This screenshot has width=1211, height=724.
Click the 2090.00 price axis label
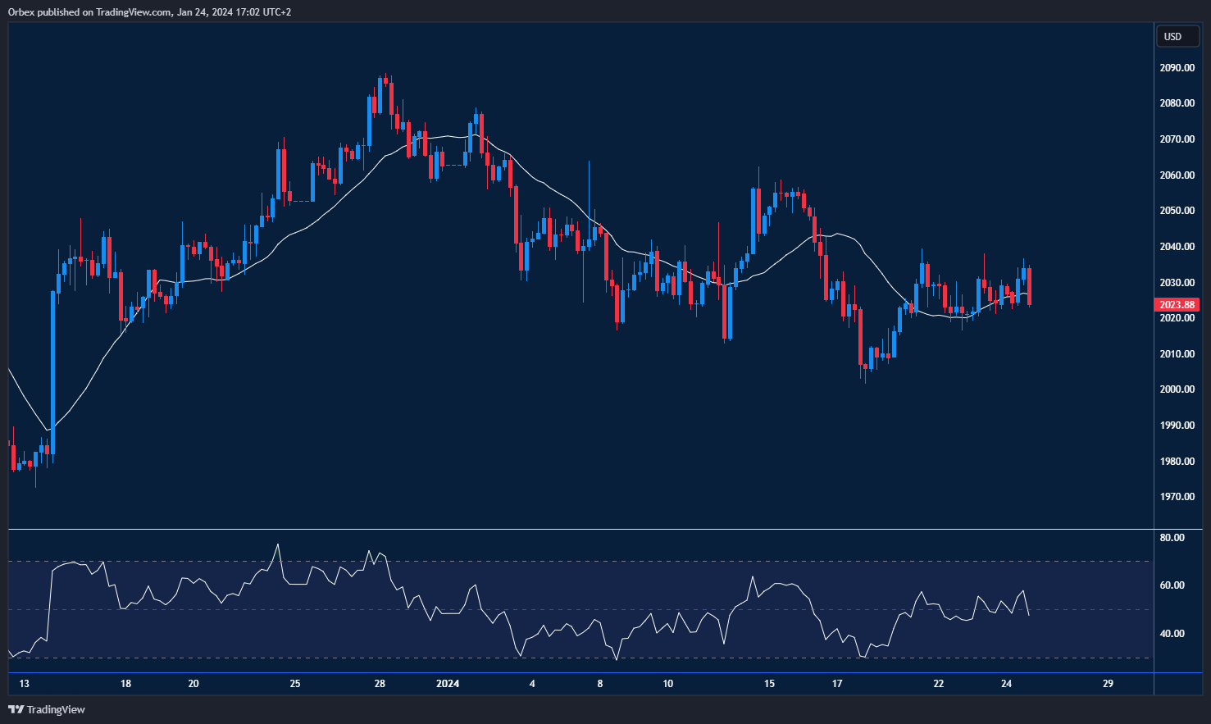point(1177,68)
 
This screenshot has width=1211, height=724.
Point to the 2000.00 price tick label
point(1177,389)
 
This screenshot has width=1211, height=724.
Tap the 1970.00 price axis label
point(1177,497)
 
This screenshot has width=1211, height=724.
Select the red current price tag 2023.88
point(1177,305)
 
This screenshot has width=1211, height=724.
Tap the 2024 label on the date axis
point(448,684)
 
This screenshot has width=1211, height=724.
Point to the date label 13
point(24,684)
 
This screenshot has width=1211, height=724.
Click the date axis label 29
point(1108,684)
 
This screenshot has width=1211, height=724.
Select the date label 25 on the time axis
point(295,684)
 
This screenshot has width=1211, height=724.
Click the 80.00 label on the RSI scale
point(1172,538)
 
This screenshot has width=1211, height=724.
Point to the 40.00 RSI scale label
point(1172,634)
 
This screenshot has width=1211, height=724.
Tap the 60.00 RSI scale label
point(1172,585)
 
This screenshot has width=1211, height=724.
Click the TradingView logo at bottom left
point(47,709)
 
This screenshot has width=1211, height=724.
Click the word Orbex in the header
point(20,12)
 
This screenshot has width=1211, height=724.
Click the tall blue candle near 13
point(53,369)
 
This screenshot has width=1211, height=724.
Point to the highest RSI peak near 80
point(278,544)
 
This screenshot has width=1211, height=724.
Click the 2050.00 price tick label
point(1177,211)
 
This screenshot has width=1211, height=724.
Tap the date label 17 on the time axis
point(837,684)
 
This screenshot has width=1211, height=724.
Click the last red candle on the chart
point(1029,287)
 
